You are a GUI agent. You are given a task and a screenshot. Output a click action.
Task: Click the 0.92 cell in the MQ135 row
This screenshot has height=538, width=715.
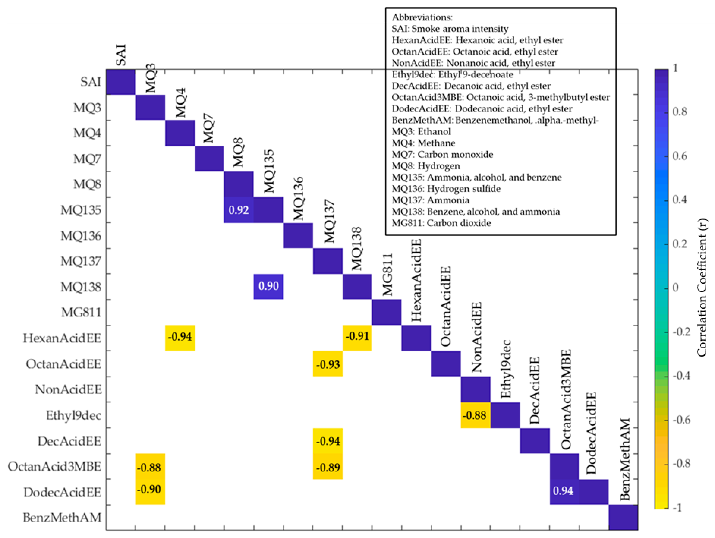click(x=239, y=210)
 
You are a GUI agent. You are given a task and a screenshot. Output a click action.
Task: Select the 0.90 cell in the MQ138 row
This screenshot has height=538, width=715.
click(x=268, y=286)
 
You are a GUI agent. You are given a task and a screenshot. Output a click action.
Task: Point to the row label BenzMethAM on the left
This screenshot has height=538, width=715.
click(x=62, y=518)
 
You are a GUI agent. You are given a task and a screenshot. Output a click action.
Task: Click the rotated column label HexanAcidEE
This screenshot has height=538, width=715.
click(x=416, y=281)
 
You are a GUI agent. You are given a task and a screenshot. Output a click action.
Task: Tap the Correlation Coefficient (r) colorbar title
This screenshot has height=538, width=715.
click(x=701, y=288)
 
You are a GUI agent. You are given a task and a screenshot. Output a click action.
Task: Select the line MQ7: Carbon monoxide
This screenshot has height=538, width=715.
click(x=442, y=155)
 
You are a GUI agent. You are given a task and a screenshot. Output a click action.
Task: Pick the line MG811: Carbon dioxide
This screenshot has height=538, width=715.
click(x=441, y=223)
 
